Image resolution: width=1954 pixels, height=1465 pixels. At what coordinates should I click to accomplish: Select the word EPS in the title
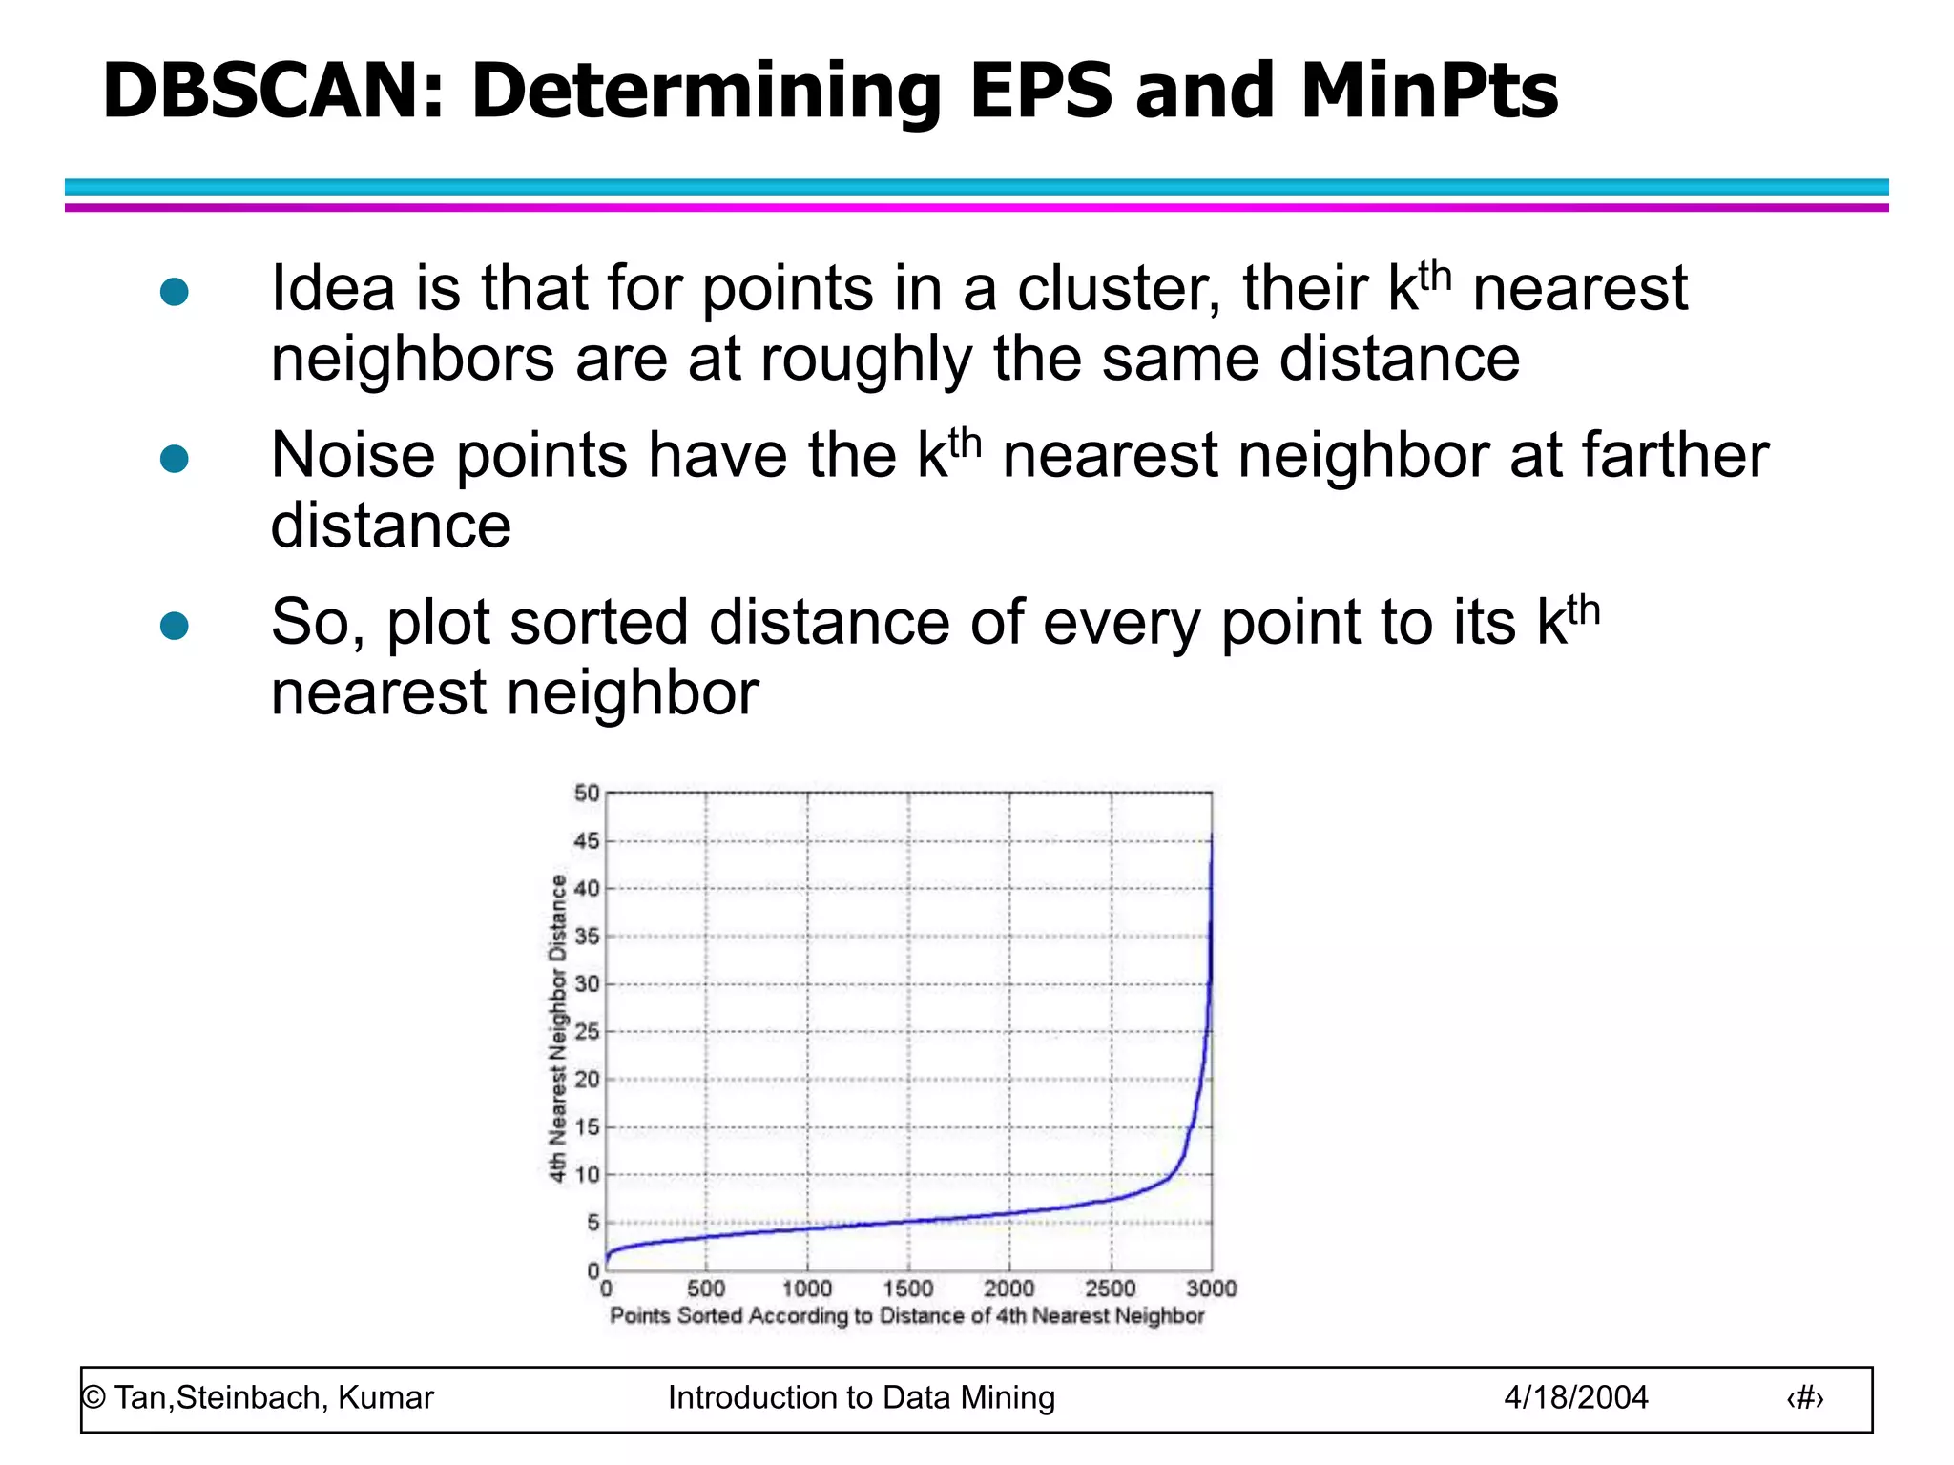pos(1041,92)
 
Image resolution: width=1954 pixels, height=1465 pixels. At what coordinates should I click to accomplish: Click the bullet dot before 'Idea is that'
pos(175,292)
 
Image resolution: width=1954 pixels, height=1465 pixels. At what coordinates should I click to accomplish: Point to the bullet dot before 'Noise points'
pos(175,459)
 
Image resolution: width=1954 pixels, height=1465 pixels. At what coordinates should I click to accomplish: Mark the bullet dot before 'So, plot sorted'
pos(175,626)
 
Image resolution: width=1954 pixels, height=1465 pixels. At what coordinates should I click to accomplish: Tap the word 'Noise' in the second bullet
pos(354,455)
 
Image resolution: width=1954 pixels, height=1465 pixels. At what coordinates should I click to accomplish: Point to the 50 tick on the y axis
pos(587,793)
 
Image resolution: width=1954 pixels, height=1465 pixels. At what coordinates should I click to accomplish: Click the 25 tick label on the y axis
pos(587,1032)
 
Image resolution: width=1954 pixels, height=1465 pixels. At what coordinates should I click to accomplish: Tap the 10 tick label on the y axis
pos(587,1175)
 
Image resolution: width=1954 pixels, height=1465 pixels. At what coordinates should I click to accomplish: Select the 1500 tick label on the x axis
pos(908,1289)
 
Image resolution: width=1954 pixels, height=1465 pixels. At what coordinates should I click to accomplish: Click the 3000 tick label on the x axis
pos(1211,1289)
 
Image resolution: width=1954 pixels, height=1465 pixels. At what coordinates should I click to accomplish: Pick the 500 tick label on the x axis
pos(706,1289)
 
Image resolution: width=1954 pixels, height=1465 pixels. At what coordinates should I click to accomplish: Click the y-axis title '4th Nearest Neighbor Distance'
pos(557,1029)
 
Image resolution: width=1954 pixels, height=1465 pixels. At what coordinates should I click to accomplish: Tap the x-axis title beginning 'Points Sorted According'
pos(907,1316)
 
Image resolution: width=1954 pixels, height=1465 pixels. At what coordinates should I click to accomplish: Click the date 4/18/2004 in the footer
pos(1575,1397)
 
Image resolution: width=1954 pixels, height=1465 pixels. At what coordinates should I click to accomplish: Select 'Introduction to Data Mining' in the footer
pos(861,1397)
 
